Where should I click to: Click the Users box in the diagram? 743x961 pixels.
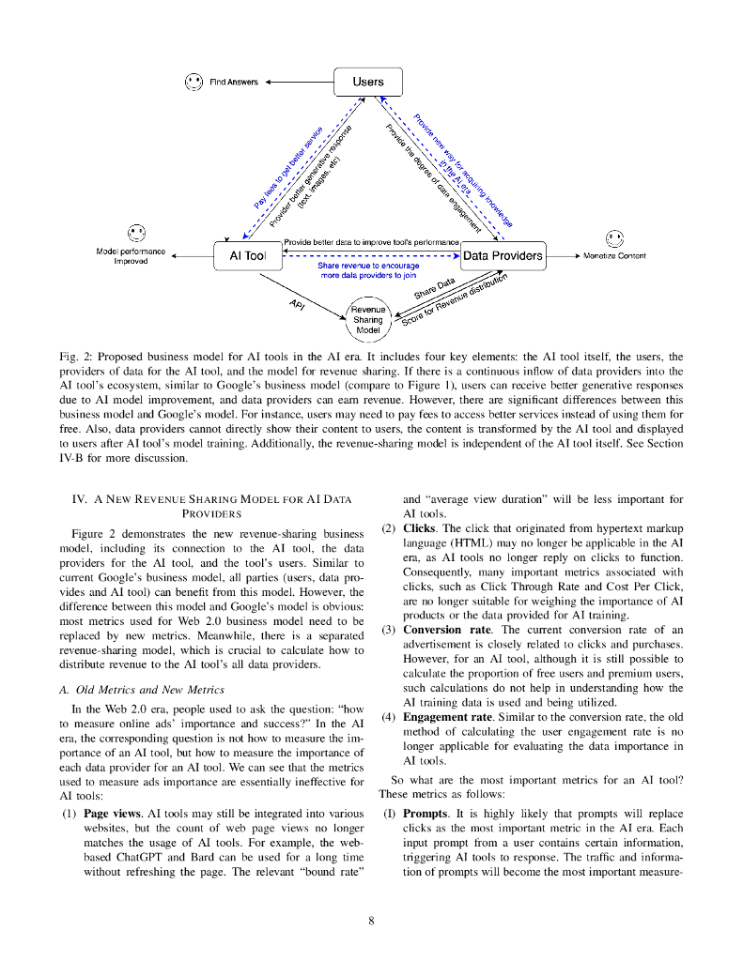pyautogui.click(x=368, y=82)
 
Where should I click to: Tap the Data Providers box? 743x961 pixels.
pyautogui.click(x=503, y=255)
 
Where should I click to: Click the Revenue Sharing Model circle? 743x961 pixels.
pyautogui.click(x=368, y=319)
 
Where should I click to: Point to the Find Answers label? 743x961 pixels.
pyautogui.click(x=233, y=83)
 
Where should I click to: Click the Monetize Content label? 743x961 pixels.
pyautogui.click(x=614, y=255)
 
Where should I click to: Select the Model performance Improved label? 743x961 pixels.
pyautogui.click(x=131, y=255)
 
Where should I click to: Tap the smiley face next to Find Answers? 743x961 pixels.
pyautogui.click(x=193, y=82)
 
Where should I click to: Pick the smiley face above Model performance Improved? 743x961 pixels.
pyautogui.click(x=137, y=231)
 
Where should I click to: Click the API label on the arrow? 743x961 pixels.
pyautogui.click(x=298, y=304)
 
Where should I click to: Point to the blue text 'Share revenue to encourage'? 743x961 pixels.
pyautogui.click(x=368, y=266)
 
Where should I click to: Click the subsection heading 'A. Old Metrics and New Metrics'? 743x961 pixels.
pyautogui.click(x=147, y=690)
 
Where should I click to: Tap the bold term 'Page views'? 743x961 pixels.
pyautogui.click(x=112, y=813)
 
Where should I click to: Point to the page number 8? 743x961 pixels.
pyautogui.click(x=371, y=921)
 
